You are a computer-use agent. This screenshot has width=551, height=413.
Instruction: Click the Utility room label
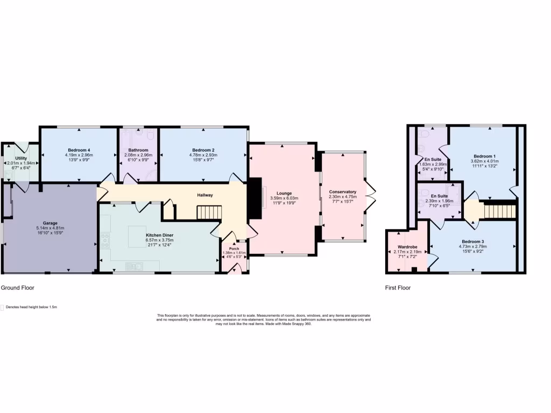20,158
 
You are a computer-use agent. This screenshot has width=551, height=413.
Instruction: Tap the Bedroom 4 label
79,150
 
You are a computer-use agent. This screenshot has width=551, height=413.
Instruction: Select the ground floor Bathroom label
138,150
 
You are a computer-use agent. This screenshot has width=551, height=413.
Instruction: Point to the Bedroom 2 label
203,150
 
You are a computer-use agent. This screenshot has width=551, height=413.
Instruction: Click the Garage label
51,223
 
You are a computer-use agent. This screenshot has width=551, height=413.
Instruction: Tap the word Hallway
205,195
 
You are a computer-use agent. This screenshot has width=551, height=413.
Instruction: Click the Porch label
234,248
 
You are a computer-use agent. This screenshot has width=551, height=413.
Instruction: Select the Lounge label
284,193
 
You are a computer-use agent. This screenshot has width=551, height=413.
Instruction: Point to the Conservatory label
343,192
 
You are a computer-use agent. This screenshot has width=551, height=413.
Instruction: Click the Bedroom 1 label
483,156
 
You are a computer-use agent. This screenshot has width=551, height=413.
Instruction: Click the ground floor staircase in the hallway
209,212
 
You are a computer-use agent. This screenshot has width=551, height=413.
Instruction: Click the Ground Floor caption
17,288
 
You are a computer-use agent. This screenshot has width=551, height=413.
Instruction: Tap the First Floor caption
398,288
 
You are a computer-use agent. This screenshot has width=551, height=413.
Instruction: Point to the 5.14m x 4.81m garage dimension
51,227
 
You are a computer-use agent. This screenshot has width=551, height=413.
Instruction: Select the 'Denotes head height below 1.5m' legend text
31,307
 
